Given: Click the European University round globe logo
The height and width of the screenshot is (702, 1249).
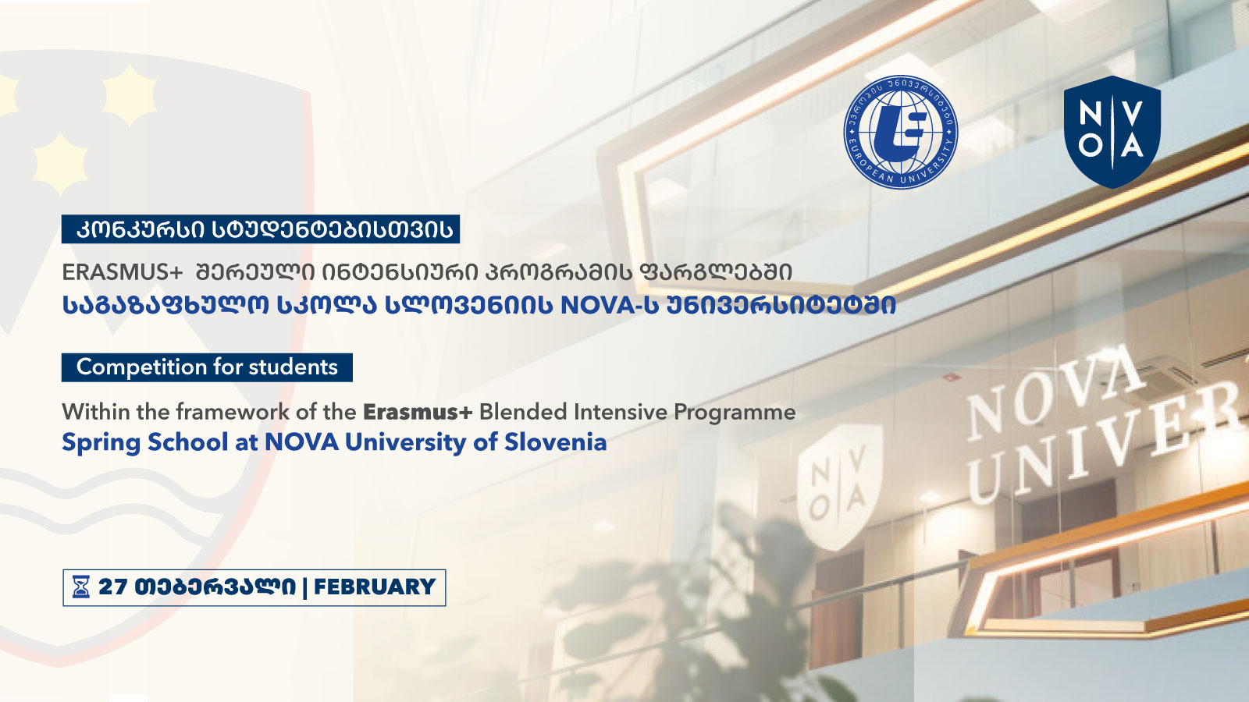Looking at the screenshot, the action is tap(901, 132).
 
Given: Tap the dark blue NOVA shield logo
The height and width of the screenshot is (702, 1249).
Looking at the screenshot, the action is tap(1112, 132).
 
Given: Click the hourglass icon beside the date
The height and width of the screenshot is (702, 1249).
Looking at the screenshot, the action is tap(81, 587).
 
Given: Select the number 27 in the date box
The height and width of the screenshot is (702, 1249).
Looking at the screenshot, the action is tap(113, 587).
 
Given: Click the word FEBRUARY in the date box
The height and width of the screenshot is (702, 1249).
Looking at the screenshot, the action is tap(375, 587).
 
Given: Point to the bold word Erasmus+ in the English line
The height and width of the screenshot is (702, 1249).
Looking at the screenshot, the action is tap(418, 413).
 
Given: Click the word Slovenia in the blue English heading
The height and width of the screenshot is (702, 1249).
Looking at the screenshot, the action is tap(555, 442).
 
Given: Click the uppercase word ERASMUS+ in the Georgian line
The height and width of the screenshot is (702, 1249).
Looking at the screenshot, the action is tap(122, 272).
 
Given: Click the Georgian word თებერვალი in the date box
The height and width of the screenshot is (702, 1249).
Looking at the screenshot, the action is tap(215, 587).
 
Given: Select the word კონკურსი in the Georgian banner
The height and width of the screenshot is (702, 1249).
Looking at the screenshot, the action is tap(141, 229).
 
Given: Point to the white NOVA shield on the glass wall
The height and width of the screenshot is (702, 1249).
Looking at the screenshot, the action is tap(840, 487).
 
